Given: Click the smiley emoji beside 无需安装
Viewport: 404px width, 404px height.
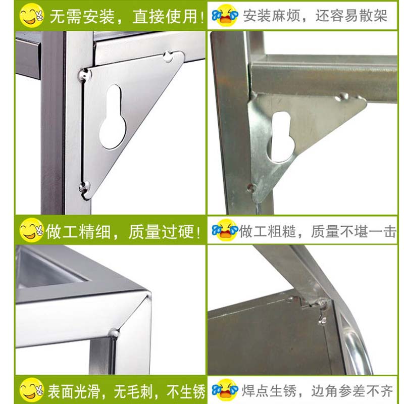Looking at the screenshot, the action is [31, 16].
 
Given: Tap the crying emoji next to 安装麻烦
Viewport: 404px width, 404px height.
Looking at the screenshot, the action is [225, 16].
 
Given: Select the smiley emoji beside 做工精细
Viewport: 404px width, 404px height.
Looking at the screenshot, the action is [31, 230].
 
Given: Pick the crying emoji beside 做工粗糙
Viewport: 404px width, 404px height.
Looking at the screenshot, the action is [225, 230].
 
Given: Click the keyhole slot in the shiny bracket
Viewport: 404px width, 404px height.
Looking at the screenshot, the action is [113, 117].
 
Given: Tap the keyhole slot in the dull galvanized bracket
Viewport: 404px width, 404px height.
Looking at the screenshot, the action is [280, 137].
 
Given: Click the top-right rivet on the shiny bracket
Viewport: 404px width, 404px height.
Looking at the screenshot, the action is [168, 56].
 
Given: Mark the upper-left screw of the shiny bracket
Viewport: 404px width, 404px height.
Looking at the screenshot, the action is [84, 75].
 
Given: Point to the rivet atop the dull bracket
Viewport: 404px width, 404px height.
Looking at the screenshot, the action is [342, 96].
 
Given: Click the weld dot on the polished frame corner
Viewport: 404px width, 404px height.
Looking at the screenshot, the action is [114, 333].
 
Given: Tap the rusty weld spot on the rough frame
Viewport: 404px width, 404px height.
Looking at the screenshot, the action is [322, 302].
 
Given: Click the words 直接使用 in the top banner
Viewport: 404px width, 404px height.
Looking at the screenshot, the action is [166, 16].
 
